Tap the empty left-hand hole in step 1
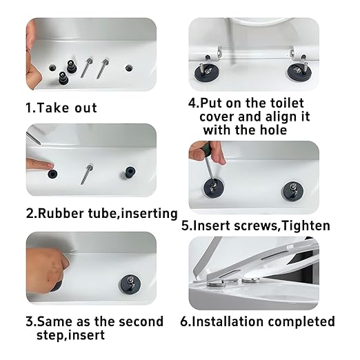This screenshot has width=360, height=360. [x=54, y=68]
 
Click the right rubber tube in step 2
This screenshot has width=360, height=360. [x=129, y=172]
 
